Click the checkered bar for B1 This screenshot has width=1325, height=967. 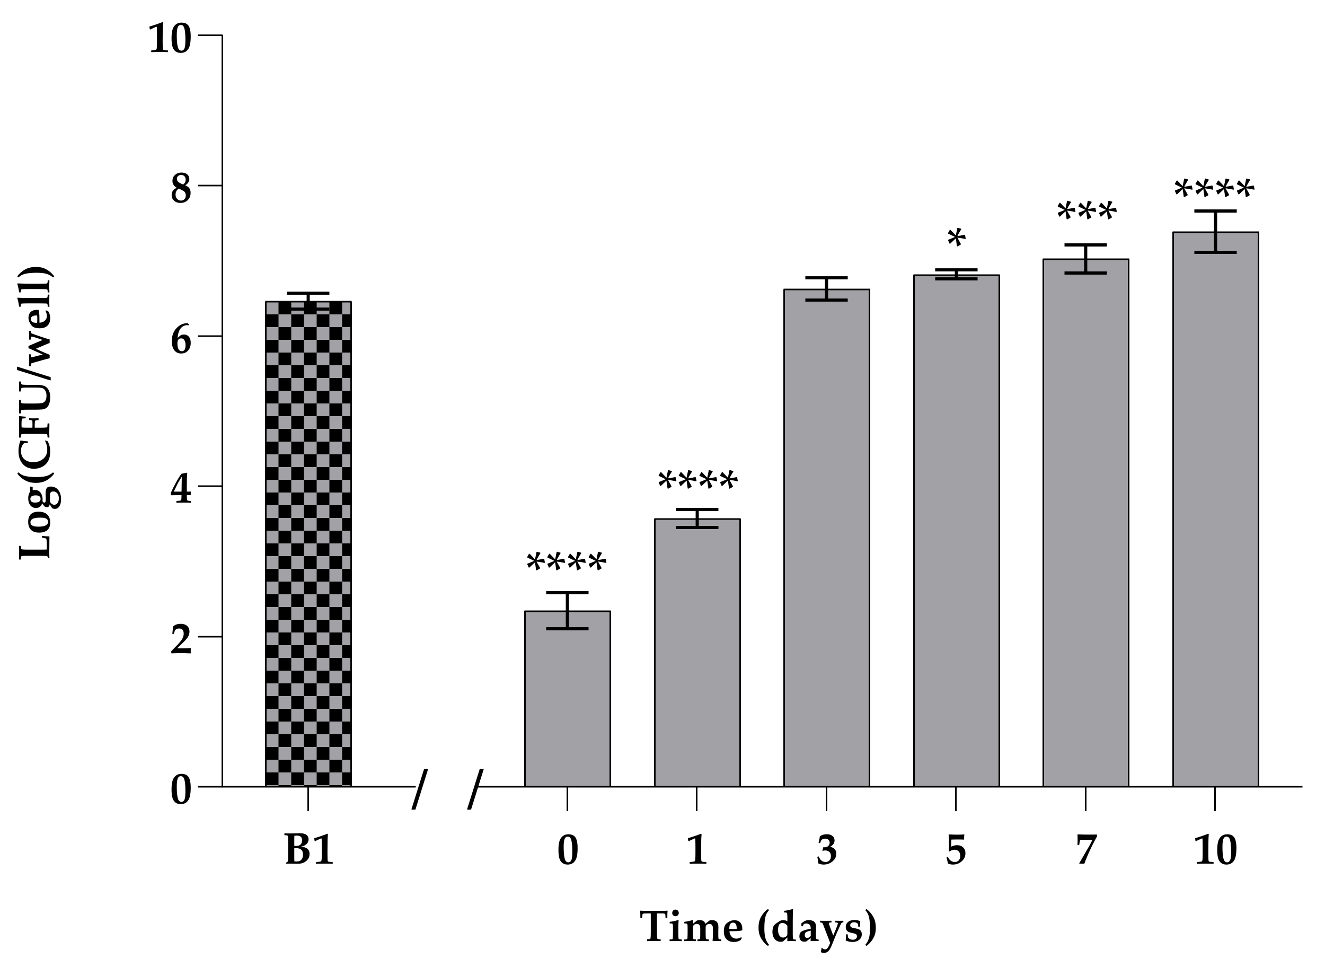point(308,544)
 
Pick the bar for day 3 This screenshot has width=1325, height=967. point(826,538)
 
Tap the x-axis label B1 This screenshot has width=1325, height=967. point(309,850)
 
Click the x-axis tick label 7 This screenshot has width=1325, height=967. point(1085,850)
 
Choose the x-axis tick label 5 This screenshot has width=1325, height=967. point(956,850)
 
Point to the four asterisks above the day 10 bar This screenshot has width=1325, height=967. point(1214,191)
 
